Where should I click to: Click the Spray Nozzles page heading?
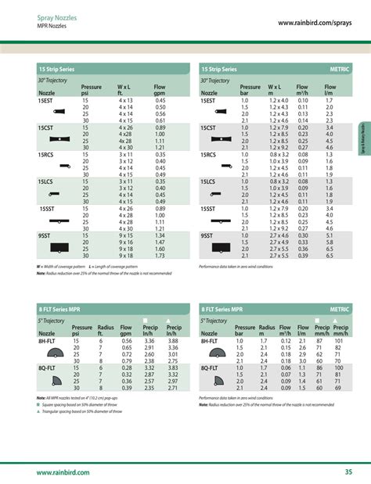tap(57, 16)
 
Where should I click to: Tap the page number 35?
tap(347, 472)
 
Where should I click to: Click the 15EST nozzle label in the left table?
tap(46, 101)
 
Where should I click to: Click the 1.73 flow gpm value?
tap(160, 256)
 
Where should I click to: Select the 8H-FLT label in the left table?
tap(49, 341)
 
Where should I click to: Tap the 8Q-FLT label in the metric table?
tap(209, 367)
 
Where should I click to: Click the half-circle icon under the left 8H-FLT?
tap(56, 354)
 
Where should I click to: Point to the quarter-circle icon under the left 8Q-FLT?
tap(56, 381)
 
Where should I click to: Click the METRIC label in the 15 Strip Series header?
tap(338, 70)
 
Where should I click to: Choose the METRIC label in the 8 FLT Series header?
tap(338, 310)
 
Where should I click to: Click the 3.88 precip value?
tap(173, 341)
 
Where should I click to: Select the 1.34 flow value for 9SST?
tap(160, 235)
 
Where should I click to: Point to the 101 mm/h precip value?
tap(340, 341)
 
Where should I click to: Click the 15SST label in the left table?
tap(47, 208)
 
